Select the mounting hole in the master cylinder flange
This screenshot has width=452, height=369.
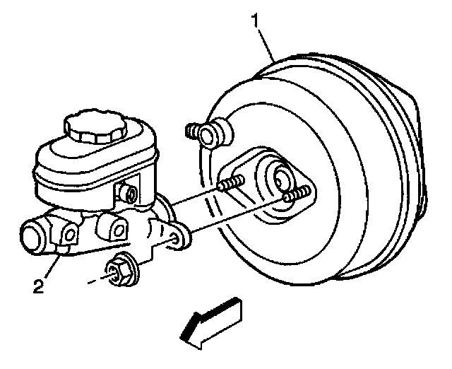point(175,240)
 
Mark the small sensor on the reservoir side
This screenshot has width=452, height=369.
point(129,191)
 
